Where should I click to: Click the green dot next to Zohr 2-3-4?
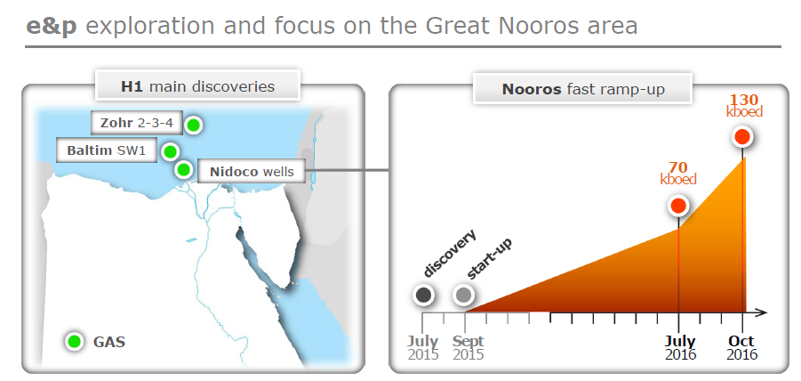coord(193,125)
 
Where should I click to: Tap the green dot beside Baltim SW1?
coord(170,151)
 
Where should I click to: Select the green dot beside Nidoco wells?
coord(183,169)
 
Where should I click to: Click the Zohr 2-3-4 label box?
coord(137,123)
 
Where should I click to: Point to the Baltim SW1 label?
coord(107,150)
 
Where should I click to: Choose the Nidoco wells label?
coord(252,171)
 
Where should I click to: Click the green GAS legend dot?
coord(75,341)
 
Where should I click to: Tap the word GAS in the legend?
coord(109,342)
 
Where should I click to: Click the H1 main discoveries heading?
coord(197,85)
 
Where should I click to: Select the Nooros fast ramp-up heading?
coord(583,89)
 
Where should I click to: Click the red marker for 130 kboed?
coord(742,136)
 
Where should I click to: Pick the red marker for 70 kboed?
coord(678,206)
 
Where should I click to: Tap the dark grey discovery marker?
coord(423,295)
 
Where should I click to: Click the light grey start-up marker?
coord(464,295)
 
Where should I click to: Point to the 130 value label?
coord(744,99)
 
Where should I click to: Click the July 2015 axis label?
coord(423,348)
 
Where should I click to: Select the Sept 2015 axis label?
coord(469,348)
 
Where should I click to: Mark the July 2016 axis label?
coord(680,348)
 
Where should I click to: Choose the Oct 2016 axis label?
coord(742,348)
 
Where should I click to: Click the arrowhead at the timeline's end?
coord(762,312)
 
